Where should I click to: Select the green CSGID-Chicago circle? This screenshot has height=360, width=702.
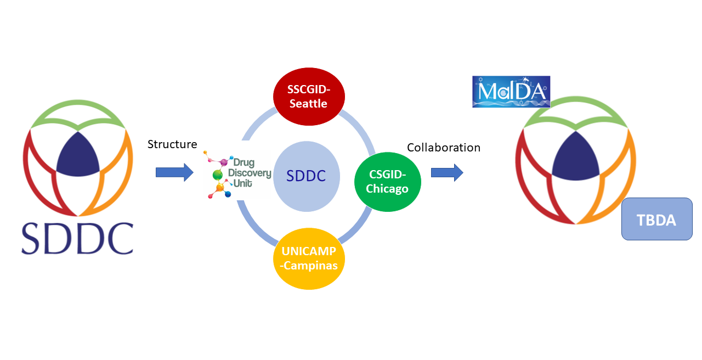[x=388, y=182]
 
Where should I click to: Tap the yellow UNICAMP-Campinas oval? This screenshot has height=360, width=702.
[x=309, y=258]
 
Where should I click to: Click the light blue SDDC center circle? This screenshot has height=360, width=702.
[x=306, y=176]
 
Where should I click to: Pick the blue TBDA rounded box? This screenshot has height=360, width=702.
[x=656, y=219]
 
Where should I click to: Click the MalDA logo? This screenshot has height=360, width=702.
[x=511, y=91]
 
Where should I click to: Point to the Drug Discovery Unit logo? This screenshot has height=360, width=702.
[x=237, y=173]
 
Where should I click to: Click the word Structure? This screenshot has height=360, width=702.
[x=172, y=145]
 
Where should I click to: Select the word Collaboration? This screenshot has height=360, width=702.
[x=444, y=148]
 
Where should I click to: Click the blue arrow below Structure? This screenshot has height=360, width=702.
[x=174, y=173]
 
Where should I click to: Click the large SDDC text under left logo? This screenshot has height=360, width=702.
[x=77, y=238]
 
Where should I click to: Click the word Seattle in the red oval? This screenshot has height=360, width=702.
[x=308, y=104]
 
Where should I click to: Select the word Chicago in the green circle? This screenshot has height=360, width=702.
[x=388, y=189]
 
